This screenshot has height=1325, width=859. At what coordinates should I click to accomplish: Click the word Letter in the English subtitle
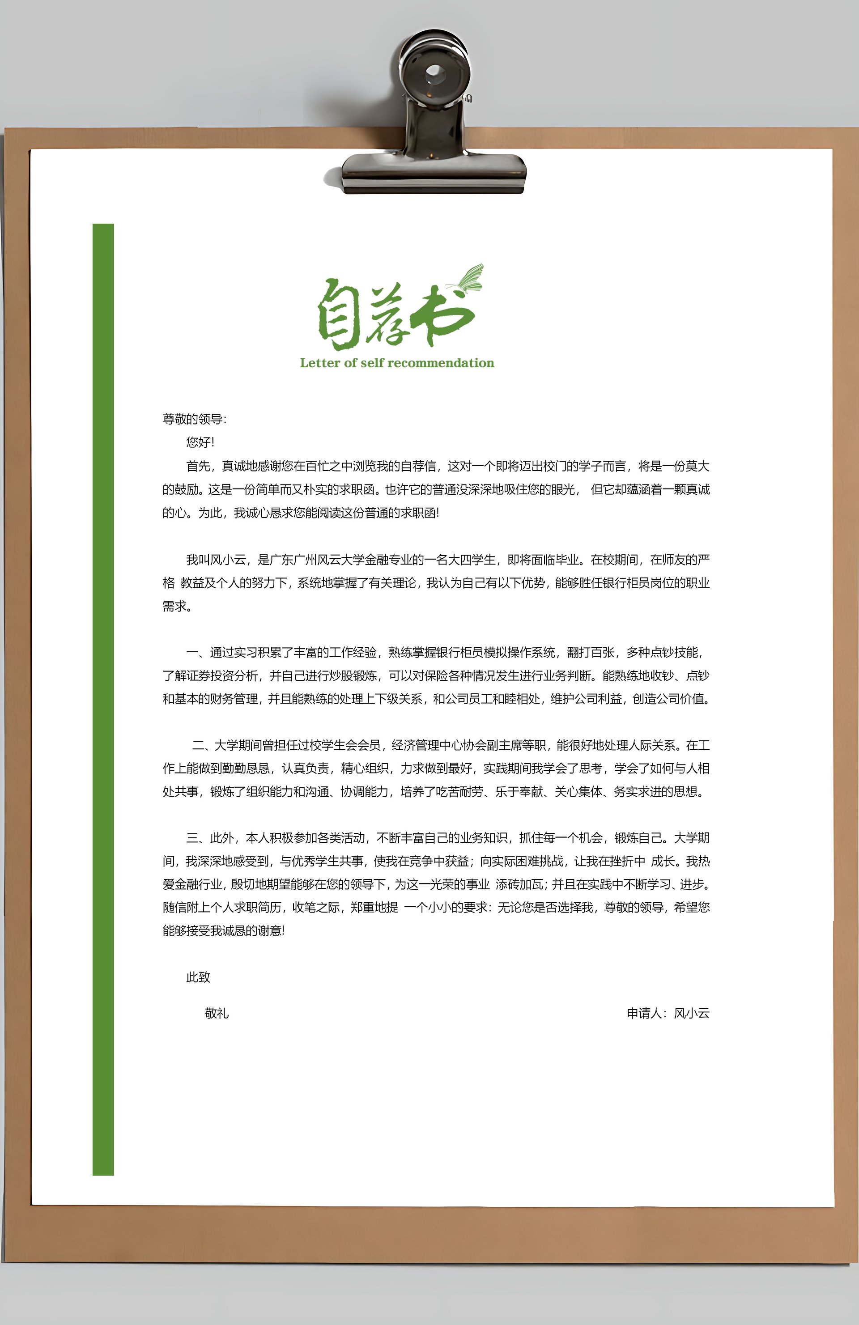click(x=319, y=363)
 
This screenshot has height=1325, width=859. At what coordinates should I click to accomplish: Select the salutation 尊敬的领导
click(x=192, y=419)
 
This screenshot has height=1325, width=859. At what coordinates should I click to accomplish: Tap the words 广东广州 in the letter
click(x=293, y=560)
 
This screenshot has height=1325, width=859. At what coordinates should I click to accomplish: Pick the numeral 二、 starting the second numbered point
click(x=203, y=745)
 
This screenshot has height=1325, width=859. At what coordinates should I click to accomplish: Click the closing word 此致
click(x=198, y=977)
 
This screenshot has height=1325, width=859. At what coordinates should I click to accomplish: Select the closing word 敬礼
click(x=217, y=1013)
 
